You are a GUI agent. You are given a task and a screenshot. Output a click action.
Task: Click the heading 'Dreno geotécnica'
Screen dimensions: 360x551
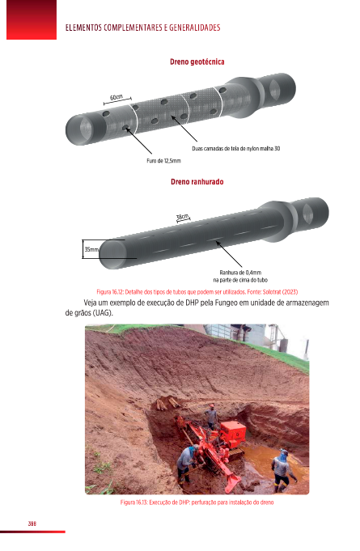pos(197,61)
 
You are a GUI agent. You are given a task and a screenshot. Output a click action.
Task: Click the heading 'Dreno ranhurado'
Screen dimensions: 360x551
pos(197,182)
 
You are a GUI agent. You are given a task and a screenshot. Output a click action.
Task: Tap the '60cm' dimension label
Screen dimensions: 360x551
pos(116,97)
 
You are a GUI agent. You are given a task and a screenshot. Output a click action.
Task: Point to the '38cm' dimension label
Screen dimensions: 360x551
pos(182,217)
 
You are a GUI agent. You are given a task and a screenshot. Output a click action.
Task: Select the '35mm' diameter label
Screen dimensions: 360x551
pos(91,249)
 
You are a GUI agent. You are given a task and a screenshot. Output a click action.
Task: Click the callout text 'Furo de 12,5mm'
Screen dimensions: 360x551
pos(163,160)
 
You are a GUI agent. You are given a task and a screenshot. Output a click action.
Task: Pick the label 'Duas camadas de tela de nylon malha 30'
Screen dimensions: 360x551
pos(236,148)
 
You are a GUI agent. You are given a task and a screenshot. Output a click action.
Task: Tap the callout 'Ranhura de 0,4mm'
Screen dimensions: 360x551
pos(240,273)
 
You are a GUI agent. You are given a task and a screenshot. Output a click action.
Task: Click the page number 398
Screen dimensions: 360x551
pos(32,523)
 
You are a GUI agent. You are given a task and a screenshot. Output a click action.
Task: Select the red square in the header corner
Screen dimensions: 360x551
pos(32,19)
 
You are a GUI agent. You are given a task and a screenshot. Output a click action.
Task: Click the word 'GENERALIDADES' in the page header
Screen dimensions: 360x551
pos(195,28)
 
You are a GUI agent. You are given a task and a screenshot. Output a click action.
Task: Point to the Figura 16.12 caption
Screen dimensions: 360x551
pos(197,291)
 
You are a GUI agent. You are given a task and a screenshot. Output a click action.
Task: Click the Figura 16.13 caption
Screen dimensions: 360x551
pos(197,502)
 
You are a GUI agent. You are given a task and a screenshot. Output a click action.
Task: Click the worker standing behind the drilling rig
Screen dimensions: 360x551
pos(211,417)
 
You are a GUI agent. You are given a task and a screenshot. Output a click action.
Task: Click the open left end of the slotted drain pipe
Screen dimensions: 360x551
pos(112,254)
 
